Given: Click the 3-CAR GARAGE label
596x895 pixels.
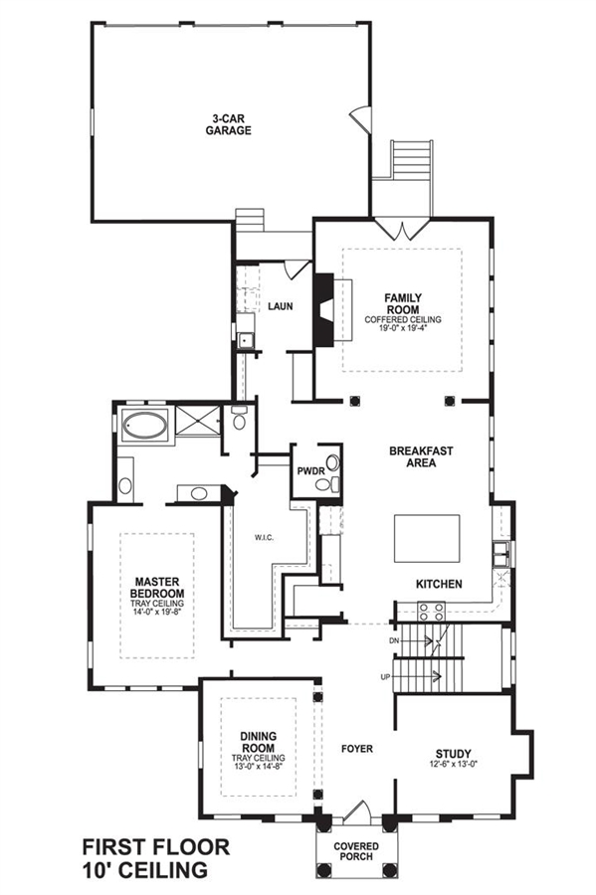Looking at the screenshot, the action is (229, 124).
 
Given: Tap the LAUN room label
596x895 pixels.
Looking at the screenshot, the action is (281, 306).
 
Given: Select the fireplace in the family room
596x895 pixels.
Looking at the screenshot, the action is (323, 310).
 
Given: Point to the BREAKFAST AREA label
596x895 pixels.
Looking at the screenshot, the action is (421, 456).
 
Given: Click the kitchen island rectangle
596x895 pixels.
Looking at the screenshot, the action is (427, 539).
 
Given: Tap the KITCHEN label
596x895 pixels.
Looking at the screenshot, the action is (439, 584).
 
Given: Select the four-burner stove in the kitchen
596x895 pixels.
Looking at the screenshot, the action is (432, 612).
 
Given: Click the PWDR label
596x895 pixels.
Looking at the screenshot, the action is (310, 471).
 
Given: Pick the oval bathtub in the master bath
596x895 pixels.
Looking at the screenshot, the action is (145, 426).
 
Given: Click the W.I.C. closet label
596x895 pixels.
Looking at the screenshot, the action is (264, 538).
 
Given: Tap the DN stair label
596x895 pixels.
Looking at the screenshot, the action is (394, 641).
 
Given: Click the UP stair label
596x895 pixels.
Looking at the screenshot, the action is (385, 677).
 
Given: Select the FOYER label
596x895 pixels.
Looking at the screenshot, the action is (357, 748).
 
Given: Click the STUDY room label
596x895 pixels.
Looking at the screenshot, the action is (454, 754).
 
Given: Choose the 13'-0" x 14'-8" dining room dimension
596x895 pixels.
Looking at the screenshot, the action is (258, 766).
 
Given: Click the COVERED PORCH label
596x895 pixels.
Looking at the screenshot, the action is (356, 851).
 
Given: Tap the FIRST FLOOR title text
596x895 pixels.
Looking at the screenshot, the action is (156, 846).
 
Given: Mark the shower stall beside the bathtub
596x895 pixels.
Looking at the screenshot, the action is (198, 421).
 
